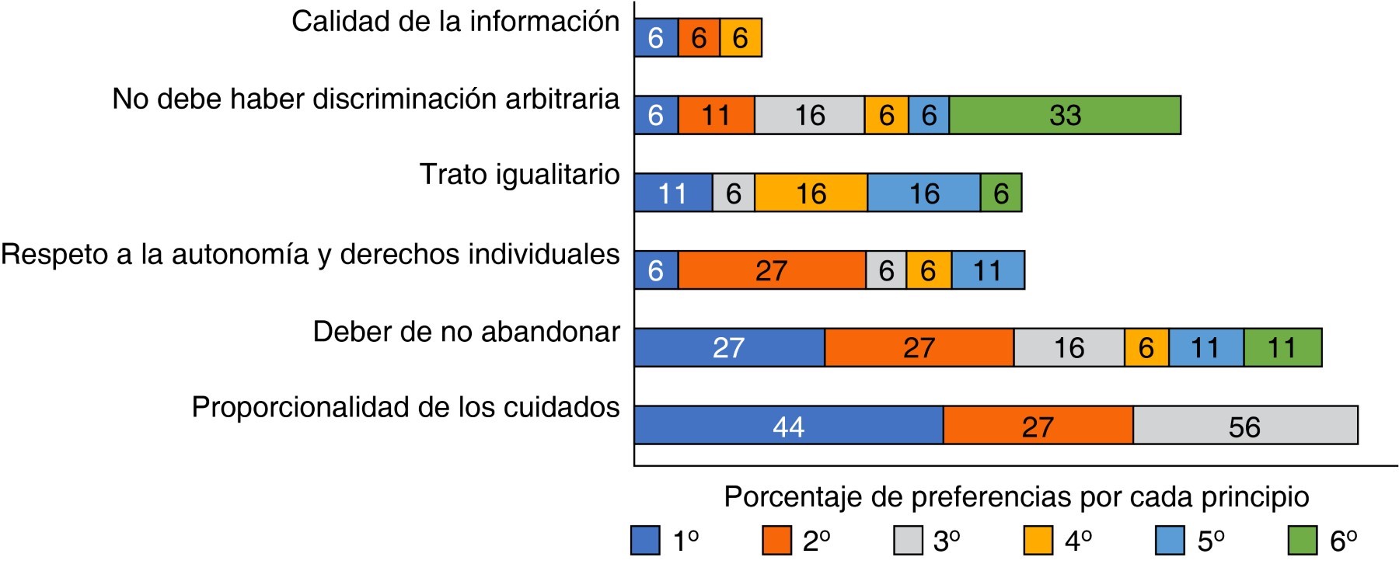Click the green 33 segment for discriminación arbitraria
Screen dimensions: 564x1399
[1065, 115]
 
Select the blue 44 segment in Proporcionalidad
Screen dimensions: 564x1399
[789, 425]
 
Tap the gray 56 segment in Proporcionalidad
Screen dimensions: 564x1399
[1245, 425]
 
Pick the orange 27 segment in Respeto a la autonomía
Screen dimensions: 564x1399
[772, 270]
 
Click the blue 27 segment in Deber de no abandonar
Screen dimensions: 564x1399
[729, 347]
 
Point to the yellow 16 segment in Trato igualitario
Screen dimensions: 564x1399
[811, 193]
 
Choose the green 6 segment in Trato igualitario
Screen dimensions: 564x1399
[1001, 193]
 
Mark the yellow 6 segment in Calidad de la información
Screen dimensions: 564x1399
[741, 38]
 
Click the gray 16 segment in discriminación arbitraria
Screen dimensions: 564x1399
[809, 115]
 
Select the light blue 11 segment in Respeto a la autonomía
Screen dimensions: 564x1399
[988, 270]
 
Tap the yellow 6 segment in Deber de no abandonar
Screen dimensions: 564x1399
[1146, 347]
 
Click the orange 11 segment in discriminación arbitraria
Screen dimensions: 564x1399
[716, 115]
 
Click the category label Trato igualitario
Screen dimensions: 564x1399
[519, 175]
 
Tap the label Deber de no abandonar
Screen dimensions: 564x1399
[466, 332]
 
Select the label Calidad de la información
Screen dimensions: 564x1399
[455, 22]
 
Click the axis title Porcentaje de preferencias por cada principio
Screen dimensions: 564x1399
[1017, 497]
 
